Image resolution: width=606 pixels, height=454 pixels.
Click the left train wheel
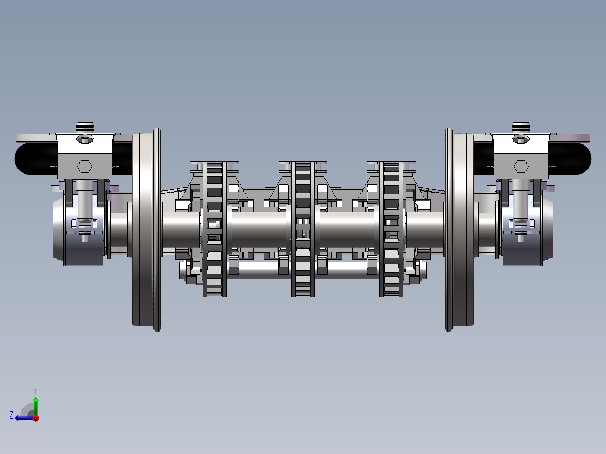[147, 229]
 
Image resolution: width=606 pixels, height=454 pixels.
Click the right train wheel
[459, 229]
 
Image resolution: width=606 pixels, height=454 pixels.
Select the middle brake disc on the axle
[303, 229]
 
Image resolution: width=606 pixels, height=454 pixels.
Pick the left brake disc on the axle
[215, 229]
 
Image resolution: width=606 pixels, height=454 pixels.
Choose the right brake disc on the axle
[391, 229]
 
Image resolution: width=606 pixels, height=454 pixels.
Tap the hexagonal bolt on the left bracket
[85, 166]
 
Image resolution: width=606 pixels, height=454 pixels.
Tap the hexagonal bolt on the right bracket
[521, 166]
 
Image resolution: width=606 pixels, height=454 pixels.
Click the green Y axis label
[35, 391]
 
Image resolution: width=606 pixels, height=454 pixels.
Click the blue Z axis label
[11, 415]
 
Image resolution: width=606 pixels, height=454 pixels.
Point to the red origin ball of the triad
[36, 418]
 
